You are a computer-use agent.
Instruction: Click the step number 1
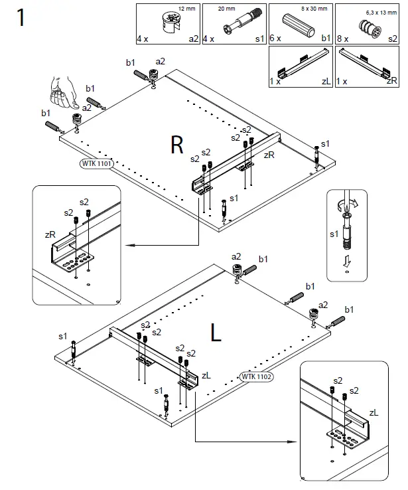click(21, 17)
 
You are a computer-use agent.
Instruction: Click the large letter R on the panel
click(176, 145)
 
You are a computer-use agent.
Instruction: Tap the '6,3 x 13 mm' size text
click(381, 13)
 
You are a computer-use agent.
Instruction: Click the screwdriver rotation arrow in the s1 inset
click(351, 204)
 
